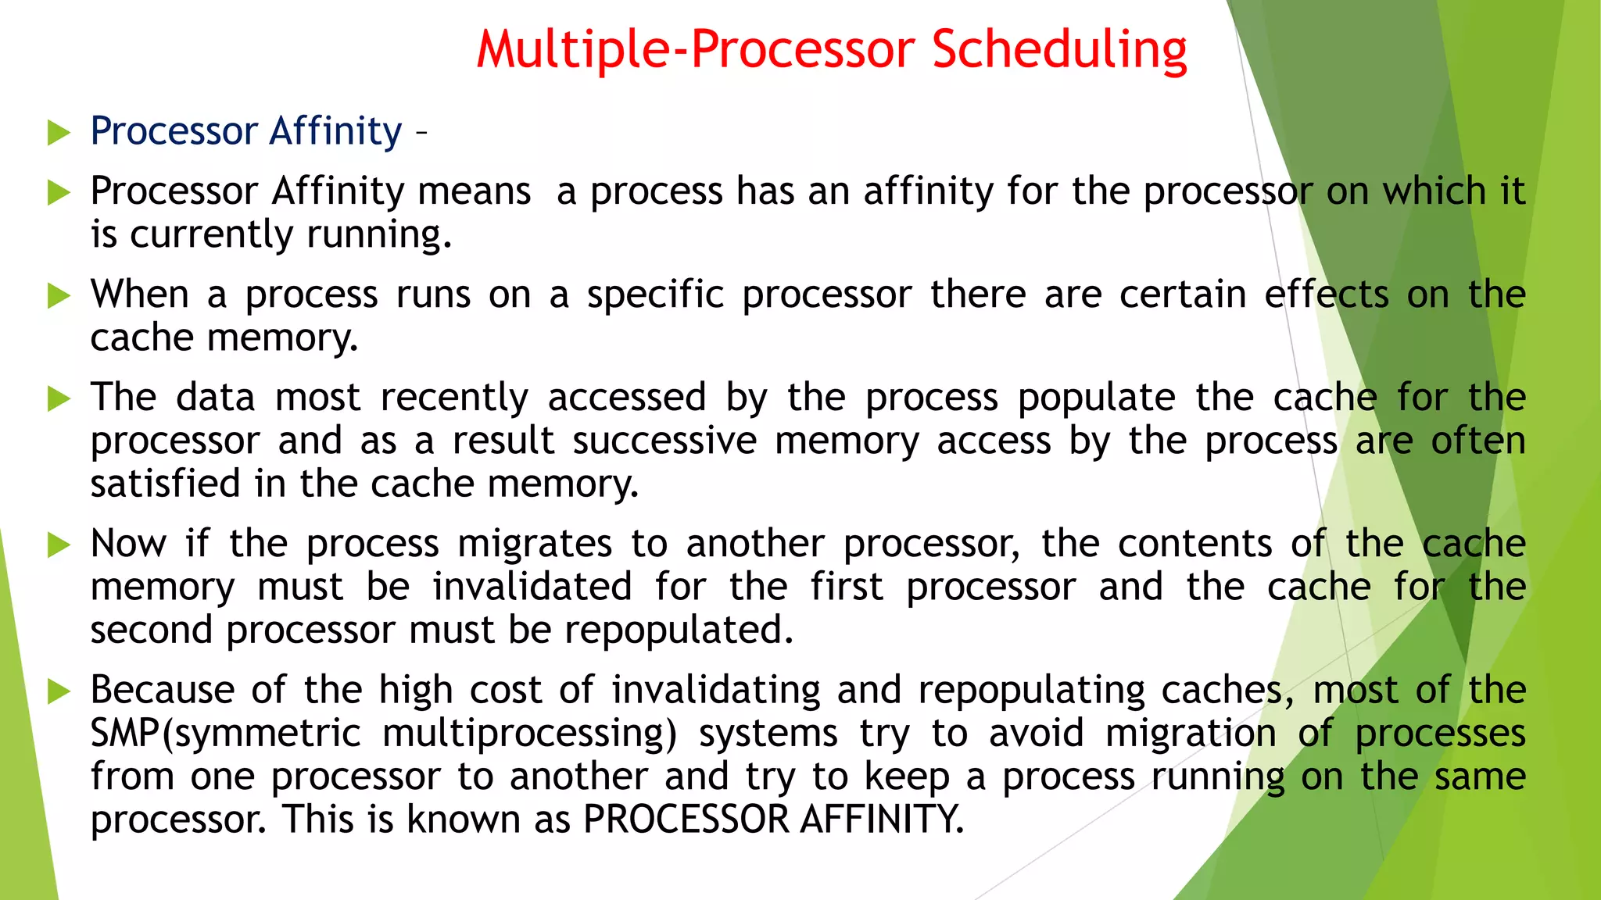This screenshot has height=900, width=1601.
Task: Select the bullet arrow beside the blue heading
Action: click(59, 133)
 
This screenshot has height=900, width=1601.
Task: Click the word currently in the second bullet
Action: click(211, 234)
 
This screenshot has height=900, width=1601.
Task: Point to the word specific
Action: click(655, 295)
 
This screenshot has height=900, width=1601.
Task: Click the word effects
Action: click(1327, 295)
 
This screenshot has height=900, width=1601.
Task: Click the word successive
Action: click(664, 441)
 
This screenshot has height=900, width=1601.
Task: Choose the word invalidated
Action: click(532, 587)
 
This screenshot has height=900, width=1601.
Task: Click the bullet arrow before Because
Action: click(59, 691)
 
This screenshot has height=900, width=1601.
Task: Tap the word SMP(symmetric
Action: click(225, 734)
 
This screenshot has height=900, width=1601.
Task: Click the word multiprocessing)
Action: click(530, 734)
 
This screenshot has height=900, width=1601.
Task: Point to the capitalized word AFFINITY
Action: click(882, 820)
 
